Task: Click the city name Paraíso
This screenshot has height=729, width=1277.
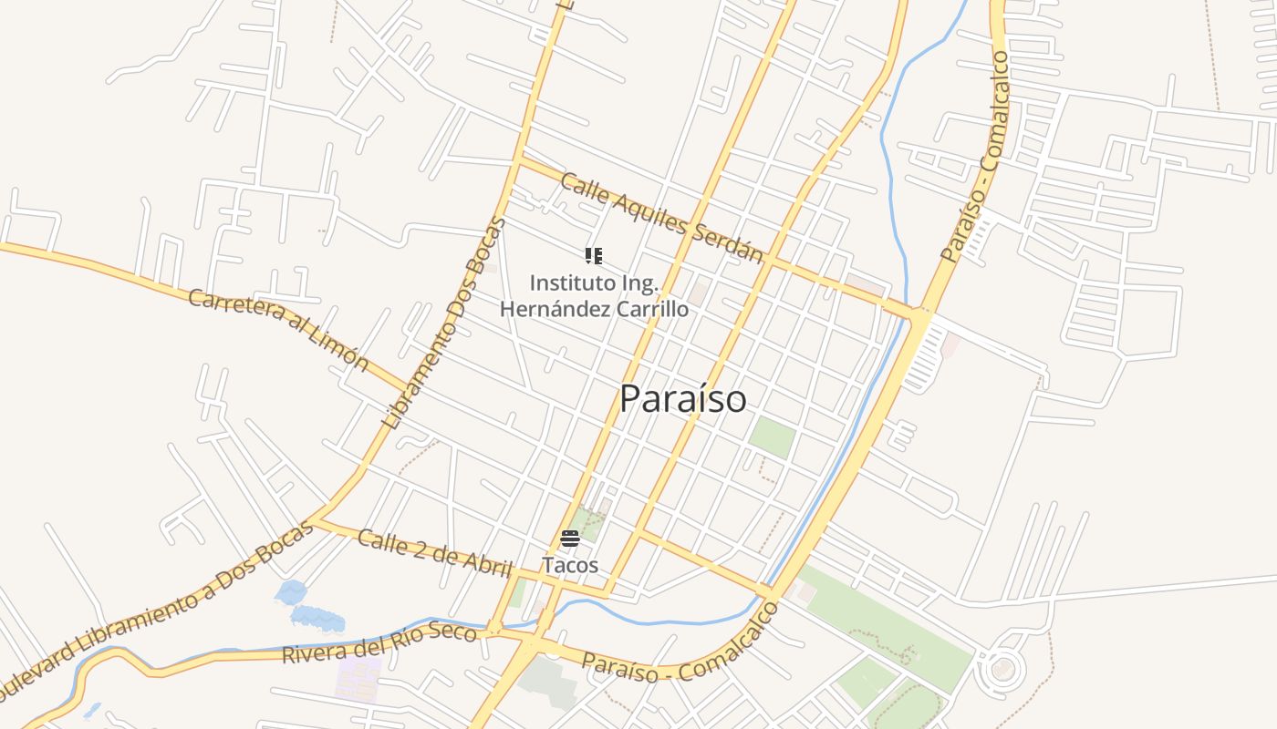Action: point(682,399)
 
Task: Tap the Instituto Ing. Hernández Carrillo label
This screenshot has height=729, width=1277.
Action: point(594,296)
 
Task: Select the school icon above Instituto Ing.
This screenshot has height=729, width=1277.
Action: point(594,256)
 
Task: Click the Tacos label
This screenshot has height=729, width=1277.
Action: point(570,565)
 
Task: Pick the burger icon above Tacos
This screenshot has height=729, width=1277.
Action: point(570,539)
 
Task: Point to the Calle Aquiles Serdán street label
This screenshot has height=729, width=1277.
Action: point(661,217)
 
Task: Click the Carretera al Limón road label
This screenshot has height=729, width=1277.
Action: point(278,329)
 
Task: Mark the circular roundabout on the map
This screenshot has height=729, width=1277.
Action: point(1001,671)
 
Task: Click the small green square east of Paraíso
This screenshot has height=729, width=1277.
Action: point(772,437)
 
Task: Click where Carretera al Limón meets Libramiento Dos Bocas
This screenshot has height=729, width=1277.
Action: point(408,387)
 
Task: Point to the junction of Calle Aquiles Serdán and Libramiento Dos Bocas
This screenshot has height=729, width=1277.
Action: point(518,160)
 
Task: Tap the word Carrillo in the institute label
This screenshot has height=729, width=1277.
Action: point(651,309)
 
